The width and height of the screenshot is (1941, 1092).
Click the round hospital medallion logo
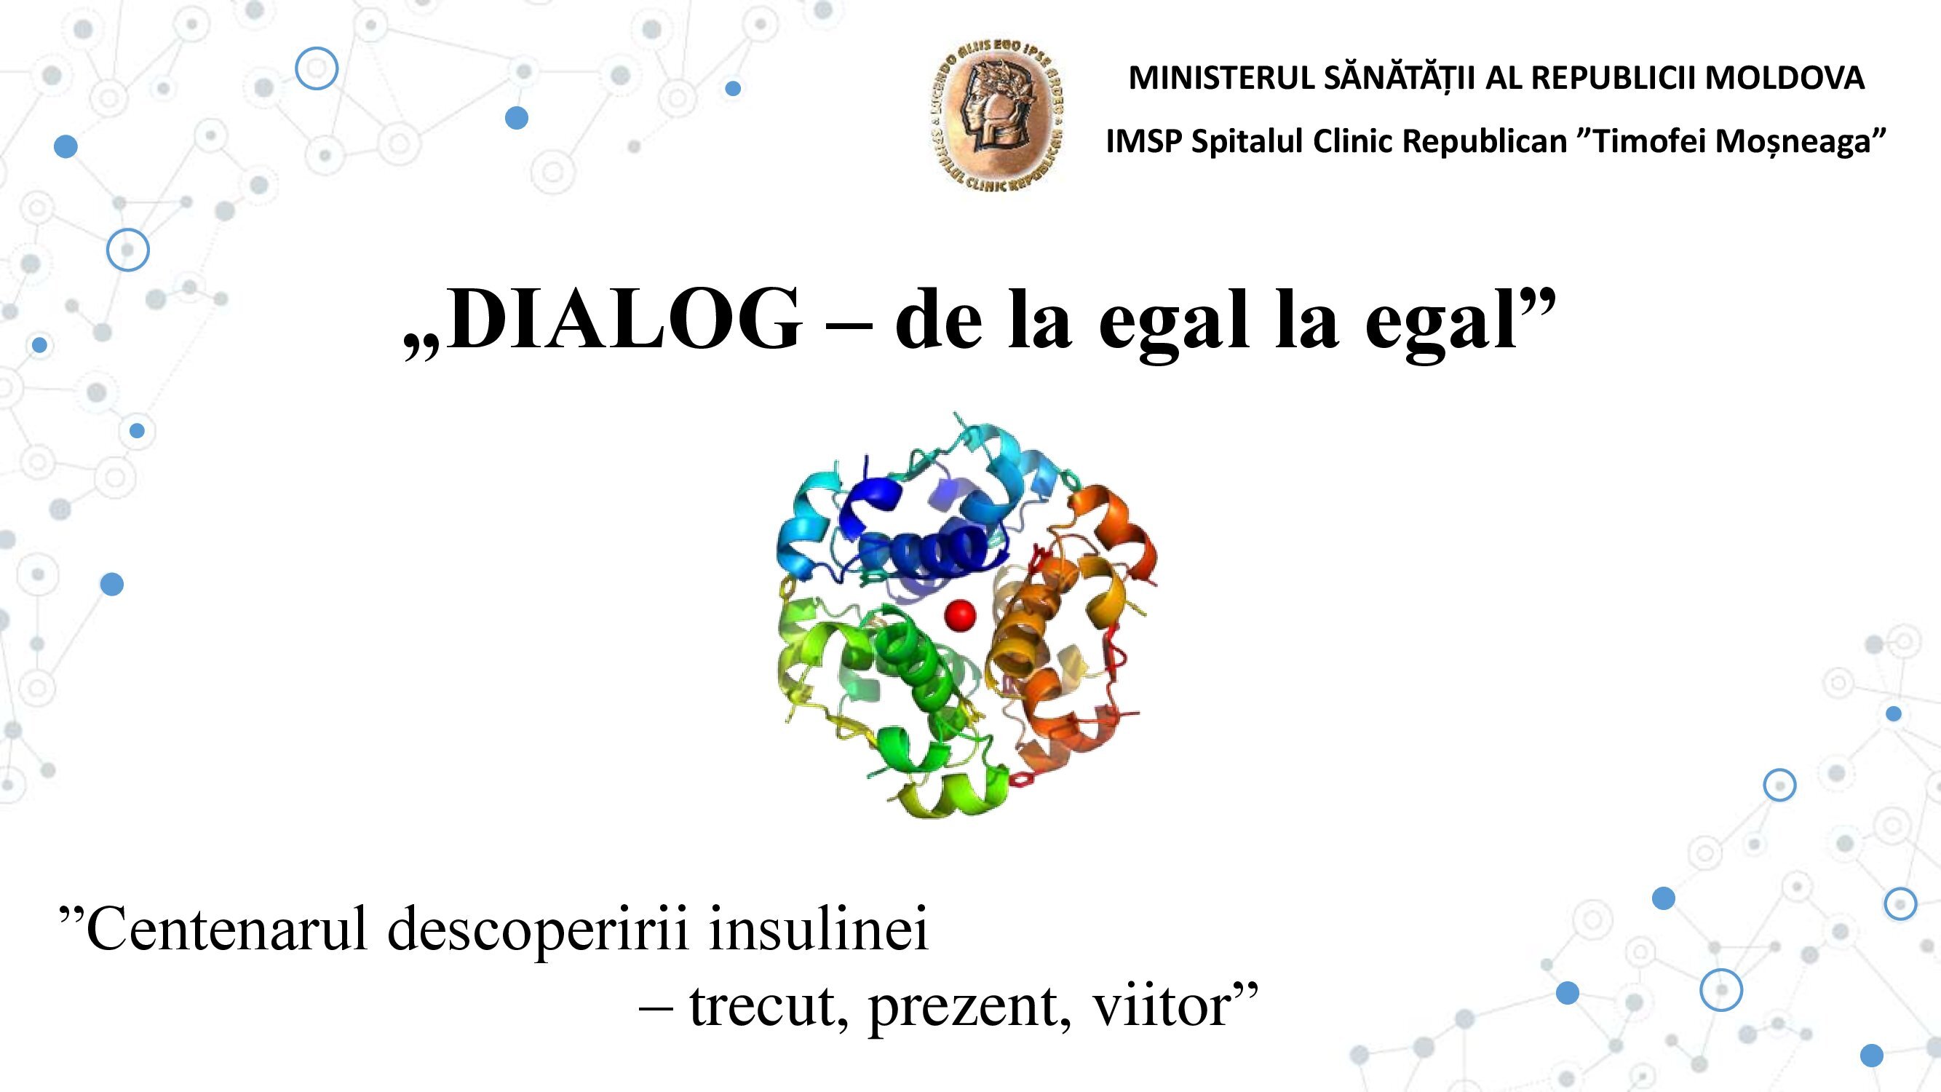click(996, 114)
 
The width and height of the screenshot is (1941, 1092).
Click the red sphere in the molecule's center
click(960, 615)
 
